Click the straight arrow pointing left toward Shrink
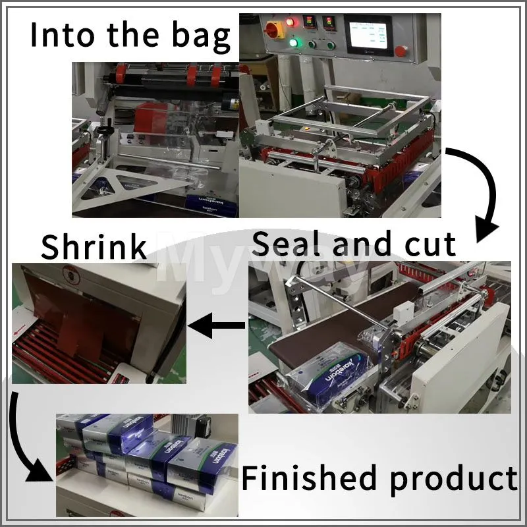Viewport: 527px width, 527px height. pos(217,325)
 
